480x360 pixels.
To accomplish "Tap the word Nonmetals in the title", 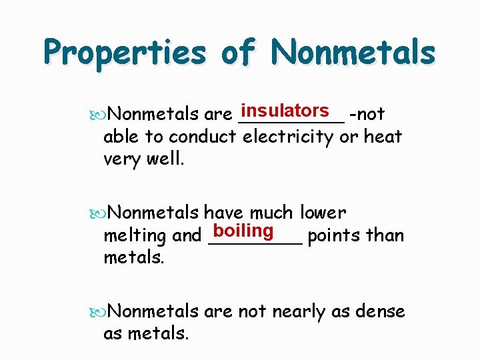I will click(x=354, y=52).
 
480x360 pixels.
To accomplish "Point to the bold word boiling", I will click(x=244, y=231).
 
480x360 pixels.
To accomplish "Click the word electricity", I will click(x=288, y=137).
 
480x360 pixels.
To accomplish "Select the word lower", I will click(x=323, y=213).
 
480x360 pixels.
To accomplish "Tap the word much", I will click(x=271, y=213).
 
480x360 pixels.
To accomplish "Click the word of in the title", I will click(x=237, y=52).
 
